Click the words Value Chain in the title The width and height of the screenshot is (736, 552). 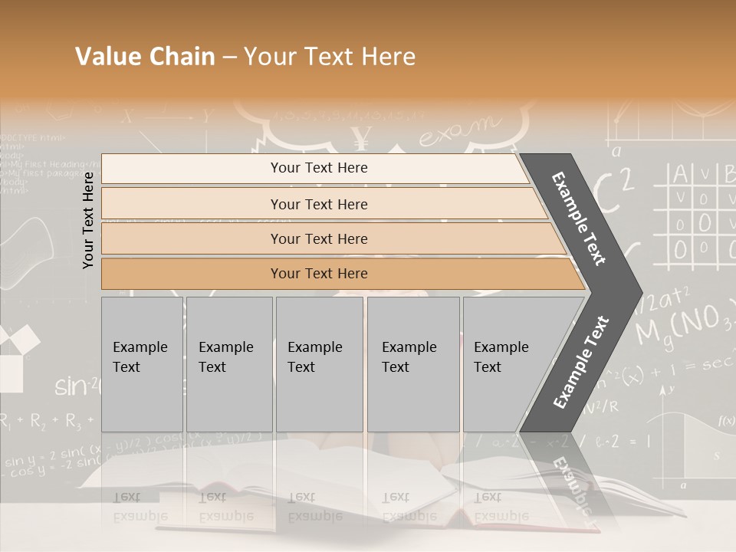coord(145,57)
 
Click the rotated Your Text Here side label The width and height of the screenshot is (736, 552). coord(88,220)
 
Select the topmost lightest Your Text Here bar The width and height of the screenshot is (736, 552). coord(318,168)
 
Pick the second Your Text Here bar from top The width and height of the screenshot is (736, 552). coord(318,204)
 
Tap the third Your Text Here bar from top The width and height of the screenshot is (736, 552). coord(318,238)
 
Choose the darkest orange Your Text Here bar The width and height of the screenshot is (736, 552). coord(318,274)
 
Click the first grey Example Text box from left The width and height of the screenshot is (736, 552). coord(142,363)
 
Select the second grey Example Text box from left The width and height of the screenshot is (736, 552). coord(228,363)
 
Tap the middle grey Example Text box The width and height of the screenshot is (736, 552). coord(319,363)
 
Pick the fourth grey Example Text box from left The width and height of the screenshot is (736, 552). coord(412,363)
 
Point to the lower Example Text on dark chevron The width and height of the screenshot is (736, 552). coord(580,362)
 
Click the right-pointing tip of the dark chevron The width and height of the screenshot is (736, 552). coord(638,291)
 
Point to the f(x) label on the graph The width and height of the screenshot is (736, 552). coord(725,421)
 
